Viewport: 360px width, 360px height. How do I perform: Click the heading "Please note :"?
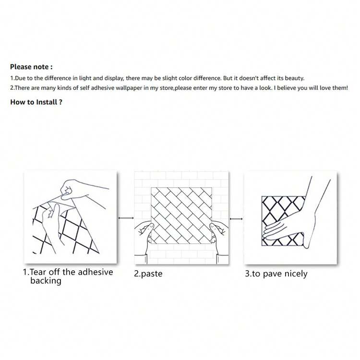(31, 67)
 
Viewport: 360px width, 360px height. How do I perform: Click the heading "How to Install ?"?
(36, 102)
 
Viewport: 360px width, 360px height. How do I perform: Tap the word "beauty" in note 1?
(294, 78)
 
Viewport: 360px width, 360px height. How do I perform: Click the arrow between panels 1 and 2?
(126, 218)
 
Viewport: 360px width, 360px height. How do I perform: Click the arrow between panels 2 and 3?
(236, 219)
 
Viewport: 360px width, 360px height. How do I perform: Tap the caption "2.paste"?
(148, 274)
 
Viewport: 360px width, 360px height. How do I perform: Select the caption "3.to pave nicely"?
(276, 274)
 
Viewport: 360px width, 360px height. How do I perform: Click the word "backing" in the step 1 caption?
(46, 281)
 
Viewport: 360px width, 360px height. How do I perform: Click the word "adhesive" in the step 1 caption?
(96, 272)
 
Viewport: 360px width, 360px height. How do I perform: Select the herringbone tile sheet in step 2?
(181, 216)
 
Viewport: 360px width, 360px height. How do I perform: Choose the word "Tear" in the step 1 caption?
(38, 272)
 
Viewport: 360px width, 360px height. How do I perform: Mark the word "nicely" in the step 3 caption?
(296, 274)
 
